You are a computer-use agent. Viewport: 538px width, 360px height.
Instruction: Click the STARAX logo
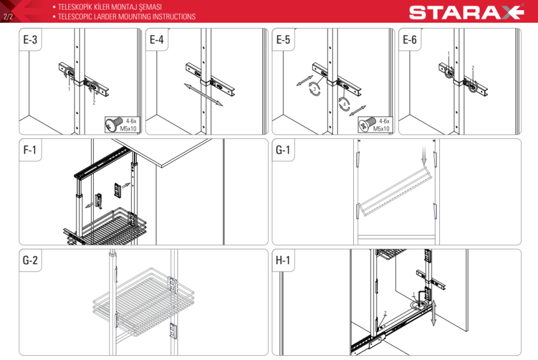(466, 13)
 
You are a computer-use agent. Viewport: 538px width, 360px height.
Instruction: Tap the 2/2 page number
(8, 17)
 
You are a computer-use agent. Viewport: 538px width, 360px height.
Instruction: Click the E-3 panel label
(30, 40)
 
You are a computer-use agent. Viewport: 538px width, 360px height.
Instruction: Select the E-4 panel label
(157, 40)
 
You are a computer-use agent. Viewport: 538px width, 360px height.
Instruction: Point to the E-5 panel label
(283, 40)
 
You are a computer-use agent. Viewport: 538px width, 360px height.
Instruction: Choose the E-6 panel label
(409, 40)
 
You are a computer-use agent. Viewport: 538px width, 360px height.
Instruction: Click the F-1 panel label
(30, 150)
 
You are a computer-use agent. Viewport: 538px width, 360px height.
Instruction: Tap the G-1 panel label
(283, 150)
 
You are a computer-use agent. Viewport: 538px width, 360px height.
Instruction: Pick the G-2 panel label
(30, 260)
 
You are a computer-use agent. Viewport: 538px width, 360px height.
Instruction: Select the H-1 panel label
(283, 260)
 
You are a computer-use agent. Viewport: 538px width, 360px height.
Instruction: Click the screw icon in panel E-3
(115, 124)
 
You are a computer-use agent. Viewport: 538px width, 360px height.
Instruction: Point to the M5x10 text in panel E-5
(381, 129)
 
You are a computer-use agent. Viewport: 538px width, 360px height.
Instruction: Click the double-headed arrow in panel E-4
(203, 94)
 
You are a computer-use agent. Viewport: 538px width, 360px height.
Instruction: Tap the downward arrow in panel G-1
(424, 155)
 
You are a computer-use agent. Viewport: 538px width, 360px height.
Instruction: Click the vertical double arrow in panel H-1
(434, 313)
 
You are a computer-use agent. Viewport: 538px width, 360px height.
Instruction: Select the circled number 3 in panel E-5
(314, 89)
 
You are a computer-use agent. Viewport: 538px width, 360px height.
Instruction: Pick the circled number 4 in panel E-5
(344, 104)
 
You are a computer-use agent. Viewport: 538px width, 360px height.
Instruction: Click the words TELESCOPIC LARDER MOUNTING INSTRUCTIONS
(127, 17)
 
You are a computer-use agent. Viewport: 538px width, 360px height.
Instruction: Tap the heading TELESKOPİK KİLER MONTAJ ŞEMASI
(110, 7)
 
